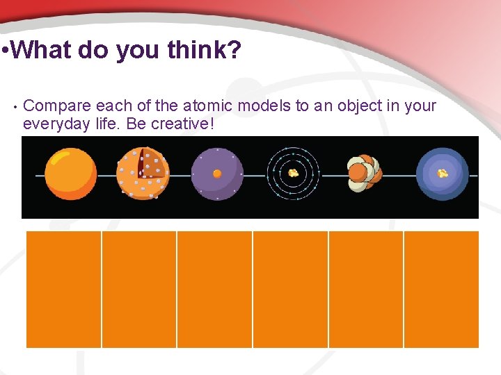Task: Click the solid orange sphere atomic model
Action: coord(70,174)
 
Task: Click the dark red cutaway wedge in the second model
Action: coord(150,164)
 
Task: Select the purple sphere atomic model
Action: coord(217,174)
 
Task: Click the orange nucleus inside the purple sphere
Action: coord(217,174)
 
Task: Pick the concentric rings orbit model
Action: coord(293,173)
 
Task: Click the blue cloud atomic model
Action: coord(443,174)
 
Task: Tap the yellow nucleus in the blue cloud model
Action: coord(443,174)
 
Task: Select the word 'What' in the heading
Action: coord(41,50)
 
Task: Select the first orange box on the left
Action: coord(64,289)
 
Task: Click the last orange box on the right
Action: coord(441,289)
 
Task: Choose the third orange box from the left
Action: coord(214,289)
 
